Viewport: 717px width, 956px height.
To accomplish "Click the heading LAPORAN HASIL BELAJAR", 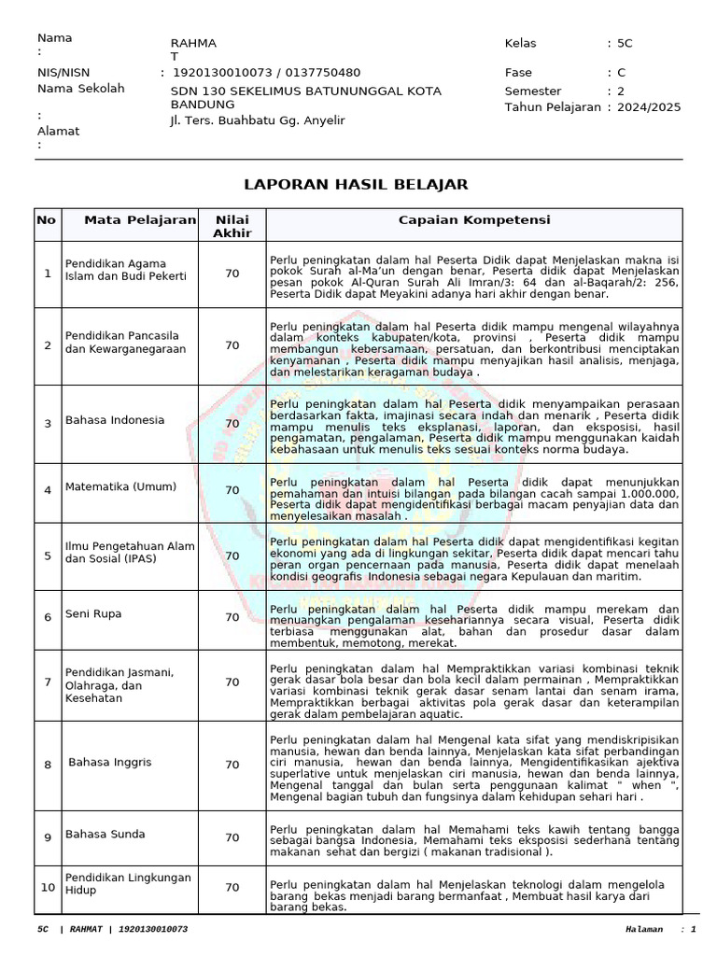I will tap(356, 184).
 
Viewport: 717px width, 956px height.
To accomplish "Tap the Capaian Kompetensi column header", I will tap(474, 220).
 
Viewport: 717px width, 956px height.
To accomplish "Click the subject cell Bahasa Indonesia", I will tap(115, 420).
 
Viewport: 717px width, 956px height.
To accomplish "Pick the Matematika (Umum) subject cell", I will tap(114, 487).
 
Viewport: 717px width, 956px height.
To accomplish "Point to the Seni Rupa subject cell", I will tap(93, 614).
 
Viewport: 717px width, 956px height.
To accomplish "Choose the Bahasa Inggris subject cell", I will tap(110, 763).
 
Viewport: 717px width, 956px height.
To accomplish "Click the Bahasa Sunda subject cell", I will tap(105, 835).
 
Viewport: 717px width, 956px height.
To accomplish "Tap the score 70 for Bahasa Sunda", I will tap(232, 836).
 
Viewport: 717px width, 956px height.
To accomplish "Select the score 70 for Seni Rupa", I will tap(232, 617).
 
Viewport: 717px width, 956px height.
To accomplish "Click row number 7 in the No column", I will tap(48, 682).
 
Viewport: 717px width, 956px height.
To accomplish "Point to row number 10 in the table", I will tap(48, 887).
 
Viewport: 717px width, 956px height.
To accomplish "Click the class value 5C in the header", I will tap(625, 43).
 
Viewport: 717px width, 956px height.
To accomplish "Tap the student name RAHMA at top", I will tap(193, 44).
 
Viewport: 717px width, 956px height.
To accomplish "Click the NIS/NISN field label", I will tap(63, 72).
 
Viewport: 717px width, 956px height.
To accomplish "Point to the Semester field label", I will tap(533, 91).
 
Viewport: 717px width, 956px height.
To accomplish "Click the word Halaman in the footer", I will tap(645, 930).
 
